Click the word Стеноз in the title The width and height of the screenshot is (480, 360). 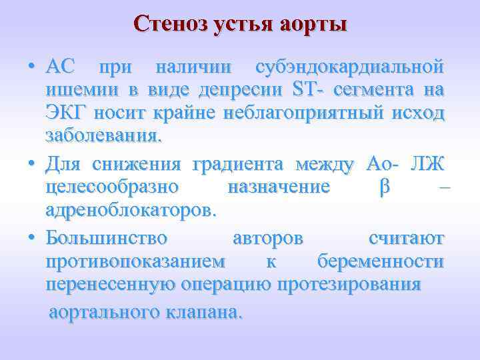[169, 24]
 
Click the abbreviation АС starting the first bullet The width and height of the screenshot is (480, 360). [60, 67]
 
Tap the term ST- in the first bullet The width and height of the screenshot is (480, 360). [309, 90]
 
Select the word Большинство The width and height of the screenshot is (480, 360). [107, 238]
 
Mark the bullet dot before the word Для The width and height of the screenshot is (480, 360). [31, 164]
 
